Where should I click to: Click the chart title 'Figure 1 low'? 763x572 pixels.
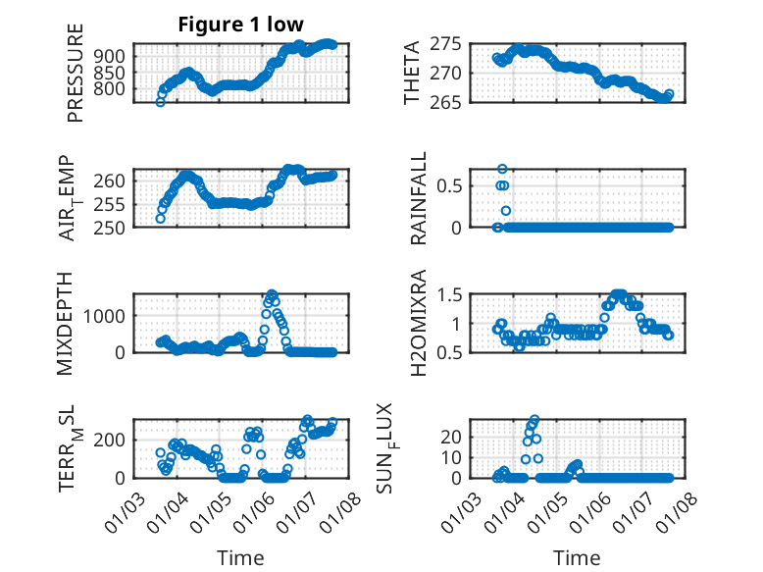pyautogui.click(x=240, y=25)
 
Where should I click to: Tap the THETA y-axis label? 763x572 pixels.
pyautogui.click(x=412, y=72)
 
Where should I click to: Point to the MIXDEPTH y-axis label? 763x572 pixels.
pyautogui.click(x=75, y=322)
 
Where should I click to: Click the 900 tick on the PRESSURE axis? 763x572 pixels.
pyautogui.click(x=111, y=55)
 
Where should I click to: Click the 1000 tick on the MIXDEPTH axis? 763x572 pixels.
pyautogui.click(x=106, y=315)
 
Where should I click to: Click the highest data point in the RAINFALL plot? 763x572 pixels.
pyautogui.click(x=502, y=169)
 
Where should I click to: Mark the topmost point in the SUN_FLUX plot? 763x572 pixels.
pyautogui.click(x=534, y=419)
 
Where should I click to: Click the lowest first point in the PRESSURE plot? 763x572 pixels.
pyautogui.click(x=160, y=102)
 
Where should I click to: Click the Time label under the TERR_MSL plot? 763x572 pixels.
pyautogui.click(x=240, y=557)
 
